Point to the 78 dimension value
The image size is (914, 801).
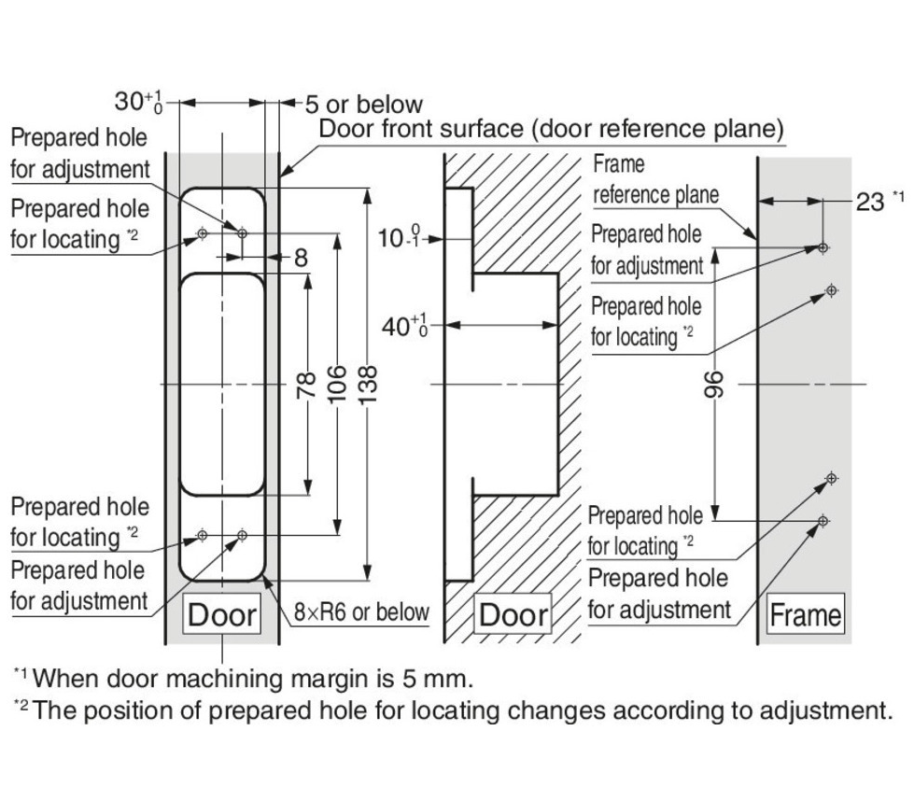tap(305, 384)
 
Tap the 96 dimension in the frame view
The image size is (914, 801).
tap(715, 384)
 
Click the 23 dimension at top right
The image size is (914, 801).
tap(872, 202)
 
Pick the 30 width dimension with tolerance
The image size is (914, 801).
tap(138, 101)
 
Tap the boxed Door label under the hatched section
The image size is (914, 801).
tap(513, 615)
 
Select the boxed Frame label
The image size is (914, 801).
tap(805, 615)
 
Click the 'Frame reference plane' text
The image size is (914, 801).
tap(655, 180)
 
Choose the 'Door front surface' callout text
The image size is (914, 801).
tap(551, 129)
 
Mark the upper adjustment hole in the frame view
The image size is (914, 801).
tap(823, 247)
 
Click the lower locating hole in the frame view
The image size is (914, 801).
tap(831, 479)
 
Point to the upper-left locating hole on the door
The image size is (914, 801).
tap(202, 233)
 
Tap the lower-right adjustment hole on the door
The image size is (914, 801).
tap(242, 535)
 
